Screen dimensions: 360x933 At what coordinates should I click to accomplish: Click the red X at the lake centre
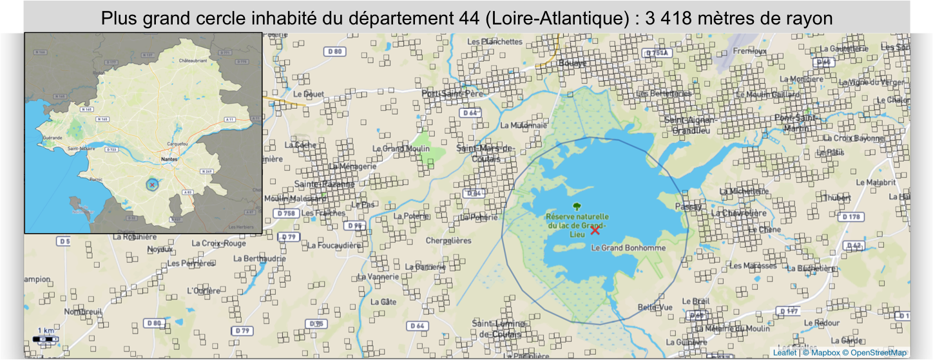(x=595, y=231)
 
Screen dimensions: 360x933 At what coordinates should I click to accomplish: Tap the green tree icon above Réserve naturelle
(x=576, y=207)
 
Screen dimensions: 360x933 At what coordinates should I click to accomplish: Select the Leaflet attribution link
(x=785, y=352)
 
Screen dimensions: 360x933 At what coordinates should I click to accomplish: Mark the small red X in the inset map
(x=152, y=185)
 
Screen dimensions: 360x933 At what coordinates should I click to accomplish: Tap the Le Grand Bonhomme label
(x=620, y=247)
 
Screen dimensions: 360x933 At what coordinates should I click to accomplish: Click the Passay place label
(x=688, y=207)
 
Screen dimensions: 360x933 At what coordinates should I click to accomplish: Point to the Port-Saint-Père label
(x=452, y=93)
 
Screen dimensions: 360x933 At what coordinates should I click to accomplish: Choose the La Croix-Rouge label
(x=219, y=243)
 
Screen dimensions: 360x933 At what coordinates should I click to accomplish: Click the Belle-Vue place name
(x=655, y=307)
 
